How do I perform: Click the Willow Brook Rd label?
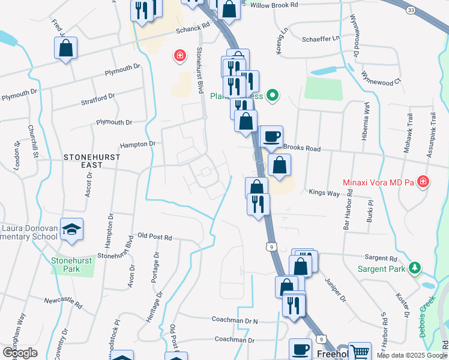coord(274,5)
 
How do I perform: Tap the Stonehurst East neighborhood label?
coord(92,161)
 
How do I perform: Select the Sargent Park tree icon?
coord(414,267)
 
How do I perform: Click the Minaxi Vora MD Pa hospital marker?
coord(423,181)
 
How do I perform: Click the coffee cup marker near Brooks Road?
coord(271,136)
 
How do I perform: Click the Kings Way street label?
coord(324,193)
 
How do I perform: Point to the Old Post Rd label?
coord(155,238)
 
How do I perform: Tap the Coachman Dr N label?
coord(235,322)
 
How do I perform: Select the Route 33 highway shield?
coord(411,11)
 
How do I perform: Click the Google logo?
coord(20,353)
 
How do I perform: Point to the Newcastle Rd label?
coord(62,298)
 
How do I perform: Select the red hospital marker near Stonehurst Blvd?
coord(178,56)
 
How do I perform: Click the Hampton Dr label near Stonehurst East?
coord(137,144)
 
